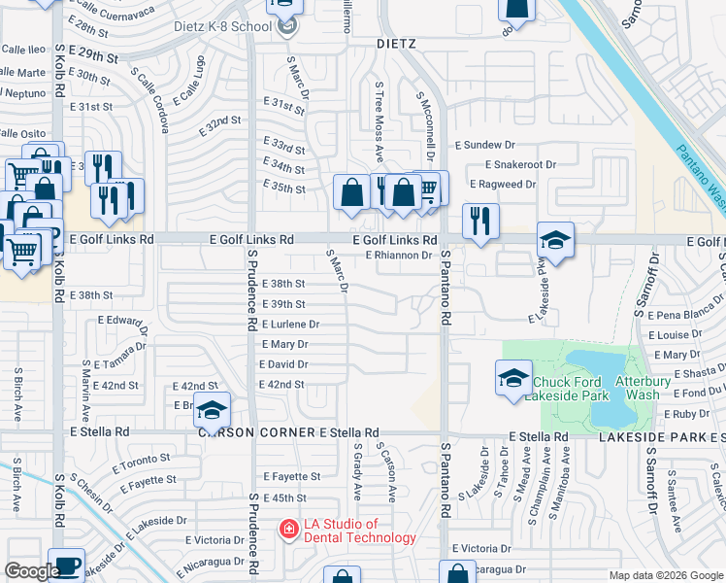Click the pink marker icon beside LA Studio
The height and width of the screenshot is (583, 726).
pyautogui.click(x=288, y=530)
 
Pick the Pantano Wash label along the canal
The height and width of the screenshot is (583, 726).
pyautogui.click(x=696, y=170)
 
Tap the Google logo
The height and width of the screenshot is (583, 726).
pyautogui.click(x=32, y=571)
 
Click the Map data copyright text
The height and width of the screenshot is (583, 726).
pyautogui.click(x=665, y=575)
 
